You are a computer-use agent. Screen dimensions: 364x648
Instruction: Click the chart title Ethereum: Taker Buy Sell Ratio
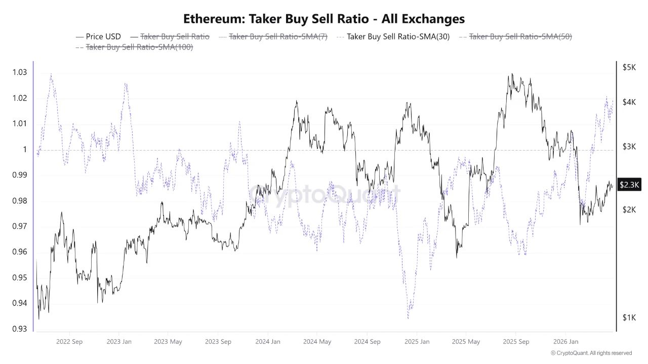point(323,19)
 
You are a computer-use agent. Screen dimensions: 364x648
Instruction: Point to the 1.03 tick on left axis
point(19,72)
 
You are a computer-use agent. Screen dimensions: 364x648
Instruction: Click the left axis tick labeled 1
point(24,150)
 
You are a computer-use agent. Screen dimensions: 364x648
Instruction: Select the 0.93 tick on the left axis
point(19,329)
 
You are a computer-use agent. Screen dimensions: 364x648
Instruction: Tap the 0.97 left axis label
point(19,226)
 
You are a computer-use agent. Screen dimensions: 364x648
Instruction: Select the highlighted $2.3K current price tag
point(630,186)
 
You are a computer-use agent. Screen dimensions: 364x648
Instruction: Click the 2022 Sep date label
point(70,342)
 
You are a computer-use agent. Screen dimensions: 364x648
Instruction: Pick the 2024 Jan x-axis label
point(267,342)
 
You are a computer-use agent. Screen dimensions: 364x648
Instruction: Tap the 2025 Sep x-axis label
point(515,342)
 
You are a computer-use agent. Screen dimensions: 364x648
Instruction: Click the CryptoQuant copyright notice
point(591,353)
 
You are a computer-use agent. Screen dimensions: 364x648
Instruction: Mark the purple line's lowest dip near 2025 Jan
point(408,318)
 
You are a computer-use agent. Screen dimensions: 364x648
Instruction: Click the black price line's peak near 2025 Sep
point(512,74)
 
